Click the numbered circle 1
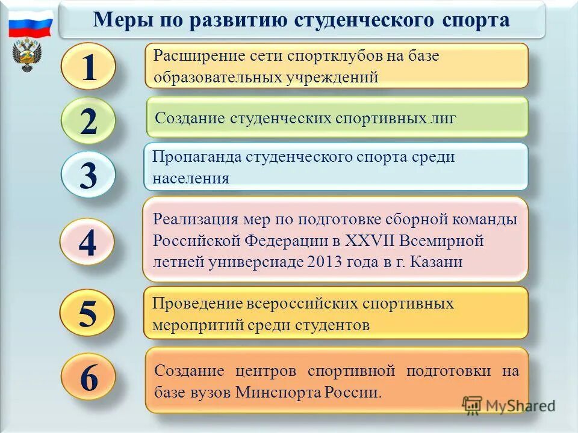coord(89,68)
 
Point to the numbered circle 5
coord(88,313)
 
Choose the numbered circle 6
coord(89,378)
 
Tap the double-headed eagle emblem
coord(27,55)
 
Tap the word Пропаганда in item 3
coord(196,157)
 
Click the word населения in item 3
coord(191,178)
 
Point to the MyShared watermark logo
coord(509,405)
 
